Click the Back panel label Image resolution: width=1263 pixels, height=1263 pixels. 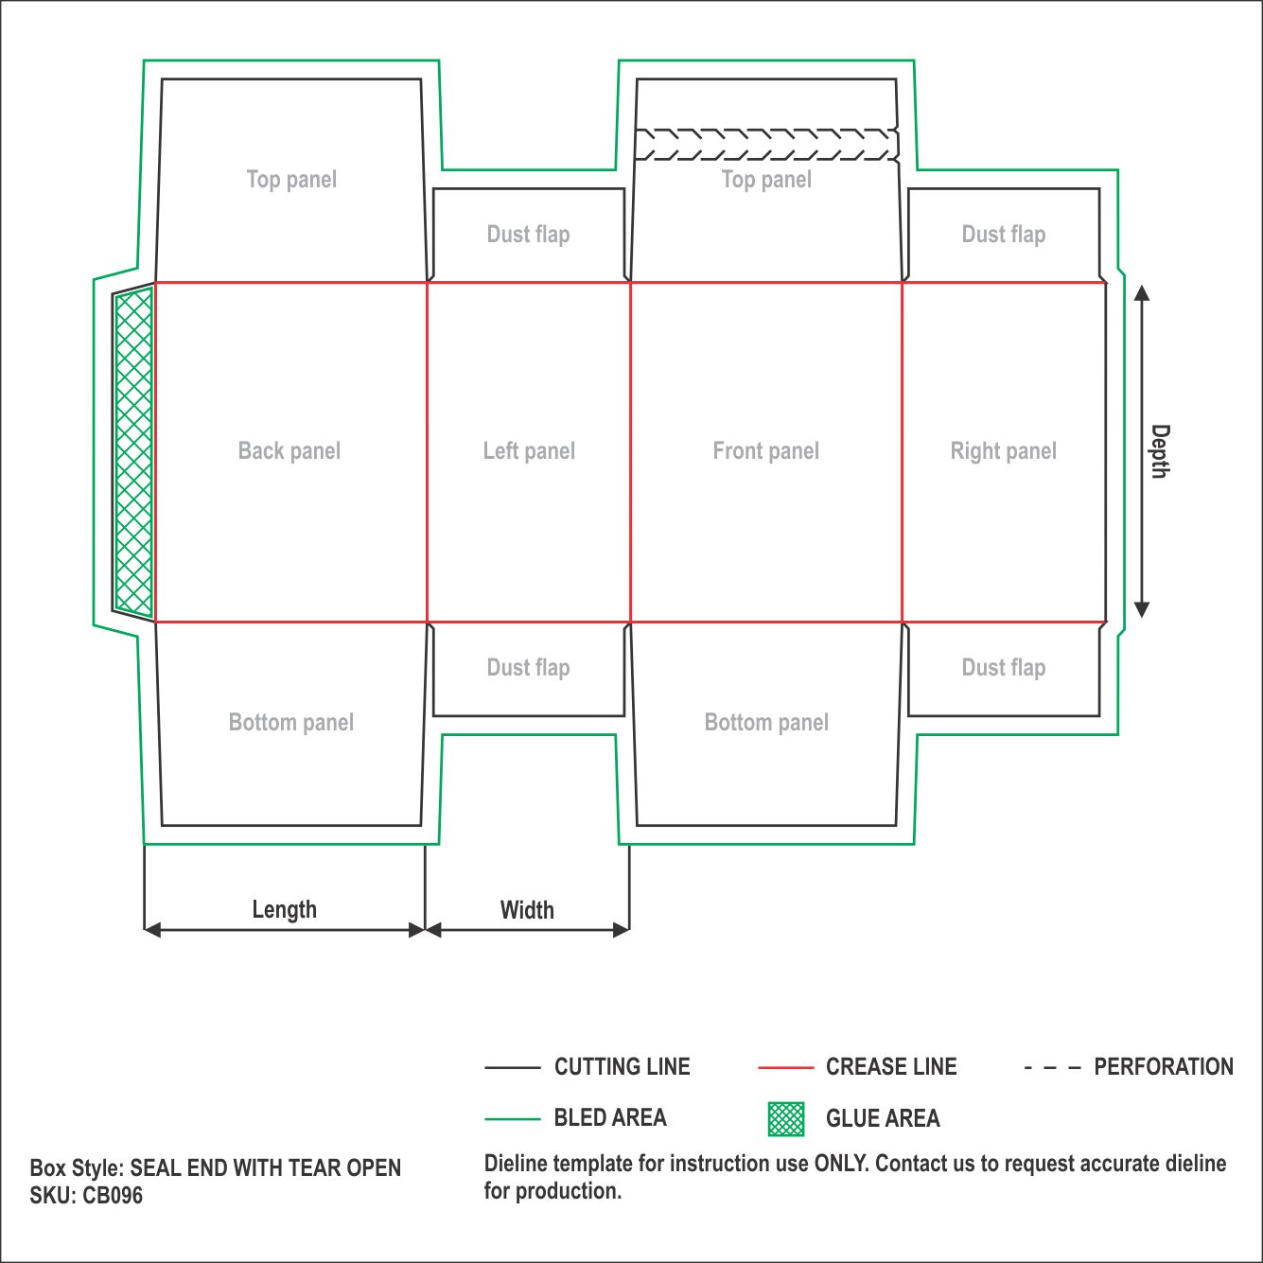coord(289,451)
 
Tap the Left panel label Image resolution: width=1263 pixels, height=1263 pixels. coord(529,451)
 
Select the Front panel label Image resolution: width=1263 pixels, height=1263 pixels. coord(765,451)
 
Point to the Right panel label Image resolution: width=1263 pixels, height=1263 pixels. coord(1004,451)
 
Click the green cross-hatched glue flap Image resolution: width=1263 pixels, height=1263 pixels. coord(133,453)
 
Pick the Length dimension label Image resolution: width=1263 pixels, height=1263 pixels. coord(285,910)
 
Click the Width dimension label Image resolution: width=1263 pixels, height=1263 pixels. coord(527,910)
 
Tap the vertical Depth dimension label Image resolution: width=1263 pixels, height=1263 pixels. coord(1160,451)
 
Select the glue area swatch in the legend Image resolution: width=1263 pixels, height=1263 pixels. coord(786,1118)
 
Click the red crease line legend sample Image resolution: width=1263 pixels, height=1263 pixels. coord(785,1068)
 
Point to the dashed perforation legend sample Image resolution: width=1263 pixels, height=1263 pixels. coord(1052,1068)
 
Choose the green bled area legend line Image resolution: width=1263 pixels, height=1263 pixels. coord(513,1119)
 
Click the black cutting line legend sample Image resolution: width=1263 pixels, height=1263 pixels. coord(513,1068)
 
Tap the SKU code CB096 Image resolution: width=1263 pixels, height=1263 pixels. coord(113,1196)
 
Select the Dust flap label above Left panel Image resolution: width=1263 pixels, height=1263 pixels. coord(528,235)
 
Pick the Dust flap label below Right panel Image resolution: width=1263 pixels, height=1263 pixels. coord(1004,667)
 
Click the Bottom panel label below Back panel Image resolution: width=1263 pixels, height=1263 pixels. coord(291,722)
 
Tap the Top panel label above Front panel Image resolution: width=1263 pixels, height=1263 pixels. coord(766,180)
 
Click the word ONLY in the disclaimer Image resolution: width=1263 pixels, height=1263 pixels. coord(842,1164)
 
